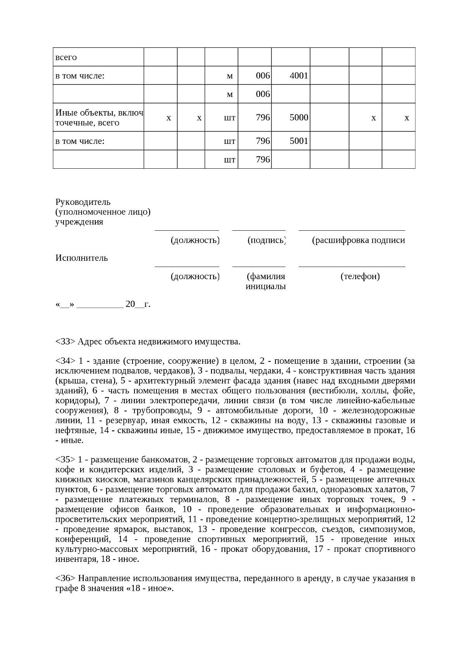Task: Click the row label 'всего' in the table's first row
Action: tap(66, 57)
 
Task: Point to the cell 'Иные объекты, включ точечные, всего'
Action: tap(99, 117)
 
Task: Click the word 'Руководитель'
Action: tap(83, 202)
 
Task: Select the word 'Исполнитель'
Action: tap(82, 258)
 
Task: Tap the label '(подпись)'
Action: tap(267, 240)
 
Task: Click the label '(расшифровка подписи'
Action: tap(358, 240)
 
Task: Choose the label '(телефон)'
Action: tap(360, 276)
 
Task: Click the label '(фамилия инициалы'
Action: tap(266, 282)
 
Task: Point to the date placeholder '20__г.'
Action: tap(138, 304)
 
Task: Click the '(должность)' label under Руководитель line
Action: tap(195, 240)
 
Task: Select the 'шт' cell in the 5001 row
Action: tap(229, 141)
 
